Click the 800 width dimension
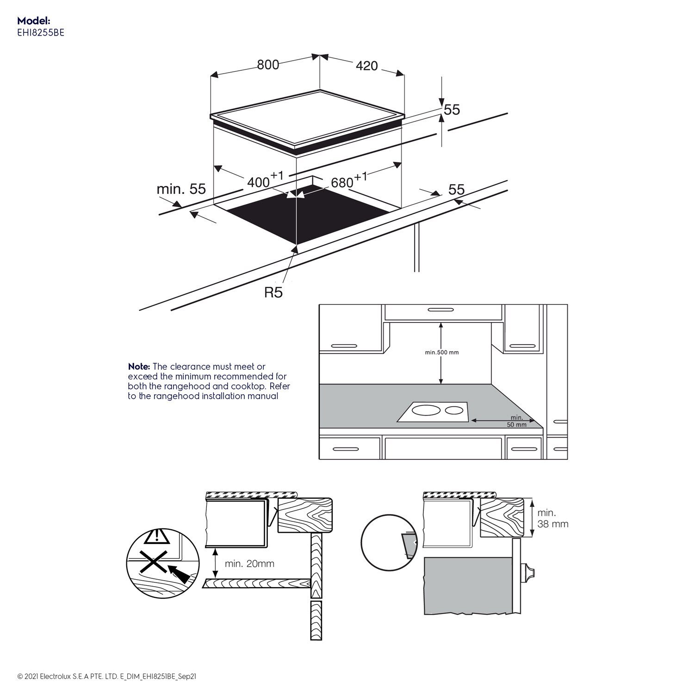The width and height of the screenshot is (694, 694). pyautogui.click(x=268, y=64)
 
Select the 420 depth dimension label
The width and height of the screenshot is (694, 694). pyautogui.click(x=366, y=66)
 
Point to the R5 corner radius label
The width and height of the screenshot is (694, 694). pyautogui.click(x=273, y=292)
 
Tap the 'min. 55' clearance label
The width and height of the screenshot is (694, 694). pyautogui.click(x=181, y=189)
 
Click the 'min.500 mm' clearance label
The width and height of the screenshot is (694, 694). pyautogui.click(x=441, y=353)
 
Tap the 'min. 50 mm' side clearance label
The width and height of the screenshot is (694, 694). pyautogui.click(x=516, y=421)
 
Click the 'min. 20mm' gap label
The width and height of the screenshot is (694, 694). pyautogui.click(x=249, y=564)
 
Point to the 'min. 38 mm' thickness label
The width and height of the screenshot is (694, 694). pyautogui.click(x=552, y=518)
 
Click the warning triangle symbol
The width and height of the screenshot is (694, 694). pyautogui.click(x=157, y=537)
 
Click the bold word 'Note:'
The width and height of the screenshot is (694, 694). pyautogui.click(x=139, y=366)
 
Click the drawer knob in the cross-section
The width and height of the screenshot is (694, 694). pyautogui.click(x=527, y=573)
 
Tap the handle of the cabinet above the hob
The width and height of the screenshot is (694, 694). pyautogui.click(x=443, y=310)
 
